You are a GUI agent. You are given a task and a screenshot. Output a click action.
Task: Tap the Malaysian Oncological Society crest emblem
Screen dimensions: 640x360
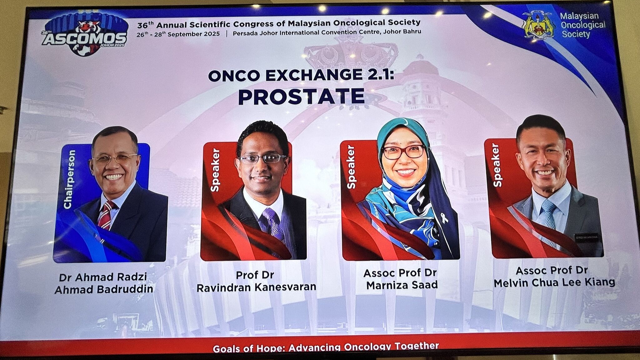pos(538,25)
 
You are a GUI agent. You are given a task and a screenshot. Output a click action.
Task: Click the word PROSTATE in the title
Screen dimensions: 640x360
pos(302,97)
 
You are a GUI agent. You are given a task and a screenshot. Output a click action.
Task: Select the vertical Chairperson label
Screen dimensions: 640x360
pos(70,179)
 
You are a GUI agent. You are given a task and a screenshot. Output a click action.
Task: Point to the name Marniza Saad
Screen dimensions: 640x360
pos(402,285)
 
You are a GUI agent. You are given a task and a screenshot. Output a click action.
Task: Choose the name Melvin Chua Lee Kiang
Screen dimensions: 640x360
pos(554,282)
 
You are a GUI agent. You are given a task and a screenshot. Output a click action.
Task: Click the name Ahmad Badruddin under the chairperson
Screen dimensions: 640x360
pos(104,289)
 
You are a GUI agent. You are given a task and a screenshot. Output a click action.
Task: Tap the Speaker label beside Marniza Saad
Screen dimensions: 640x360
pos(351,167)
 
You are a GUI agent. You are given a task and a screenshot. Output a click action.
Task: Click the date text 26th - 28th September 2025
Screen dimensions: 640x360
pos(178,34)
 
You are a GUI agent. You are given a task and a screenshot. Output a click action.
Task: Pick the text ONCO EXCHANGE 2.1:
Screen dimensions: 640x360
pos(301,76)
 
